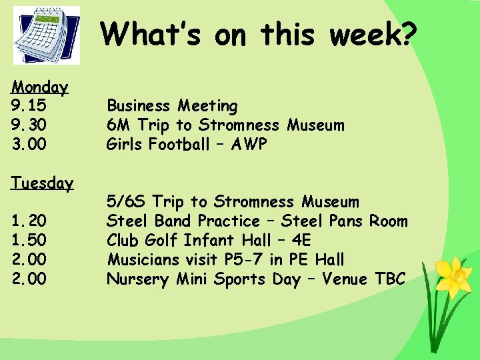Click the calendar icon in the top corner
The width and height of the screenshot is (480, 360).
click(x=46, y=35)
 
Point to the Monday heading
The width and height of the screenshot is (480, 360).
click(x=39, y=87)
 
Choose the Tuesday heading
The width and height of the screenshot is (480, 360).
click(x=41, y=183)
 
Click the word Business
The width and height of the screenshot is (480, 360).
click(x=139, y=106)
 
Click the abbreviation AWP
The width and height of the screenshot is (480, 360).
click(x=248, y=144)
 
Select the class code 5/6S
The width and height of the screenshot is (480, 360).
click(x=127, y=201)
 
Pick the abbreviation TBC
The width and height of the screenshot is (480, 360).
click(x=390, y=279)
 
